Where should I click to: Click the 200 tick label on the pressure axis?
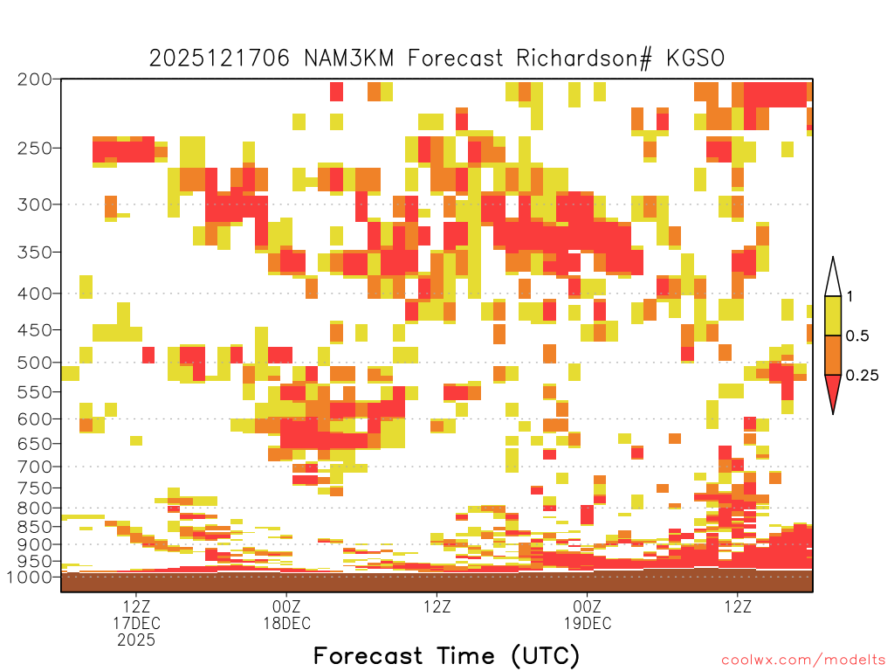pos(34,80)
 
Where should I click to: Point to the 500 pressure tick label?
pos(34,363)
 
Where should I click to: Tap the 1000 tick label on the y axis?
pos(31,578)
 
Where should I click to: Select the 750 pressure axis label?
pos(34,488)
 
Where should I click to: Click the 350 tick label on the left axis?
pos(34,252)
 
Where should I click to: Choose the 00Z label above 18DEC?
pos(286,606)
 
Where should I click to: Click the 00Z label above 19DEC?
pos(588,606)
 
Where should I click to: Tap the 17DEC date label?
pos(136,623)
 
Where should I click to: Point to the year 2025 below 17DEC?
pos(136,640)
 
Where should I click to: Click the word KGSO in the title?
pos(696,59)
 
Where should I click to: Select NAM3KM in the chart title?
pos(349,59)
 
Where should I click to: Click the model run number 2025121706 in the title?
pos(219,59)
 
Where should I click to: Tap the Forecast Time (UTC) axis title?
pos(446,655)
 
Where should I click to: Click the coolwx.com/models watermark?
pos(803,661)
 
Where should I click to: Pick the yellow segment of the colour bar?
pos(833,315)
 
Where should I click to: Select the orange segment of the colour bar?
pos(833,355)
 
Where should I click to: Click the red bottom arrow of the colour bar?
pos(833,391)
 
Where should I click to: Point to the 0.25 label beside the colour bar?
pos(862,376)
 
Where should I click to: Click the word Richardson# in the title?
pos(584,59)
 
